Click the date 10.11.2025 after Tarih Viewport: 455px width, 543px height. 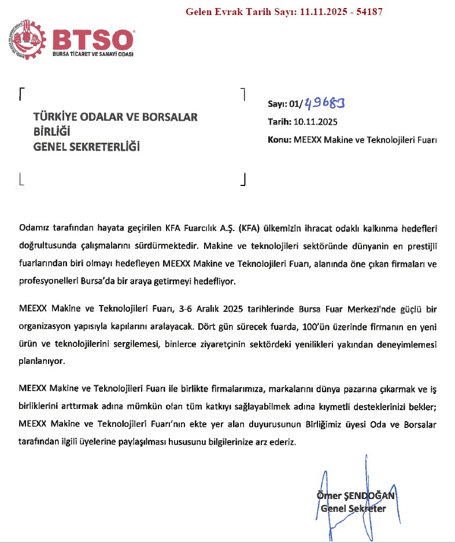(316, 122)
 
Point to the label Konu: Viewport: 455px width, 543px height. (280, 140)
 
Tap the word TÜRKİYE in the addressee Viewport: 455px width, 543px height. (57, 117)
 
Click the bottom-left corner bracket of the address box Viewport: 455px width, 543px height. (21, 180)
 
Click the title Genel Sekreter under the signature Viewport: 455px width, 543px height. (353, 509)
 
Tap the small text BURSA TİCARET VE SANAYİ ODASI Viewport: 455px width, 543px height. (94, 54)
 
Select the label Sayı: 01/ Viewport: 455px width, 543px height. (285, 104)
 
